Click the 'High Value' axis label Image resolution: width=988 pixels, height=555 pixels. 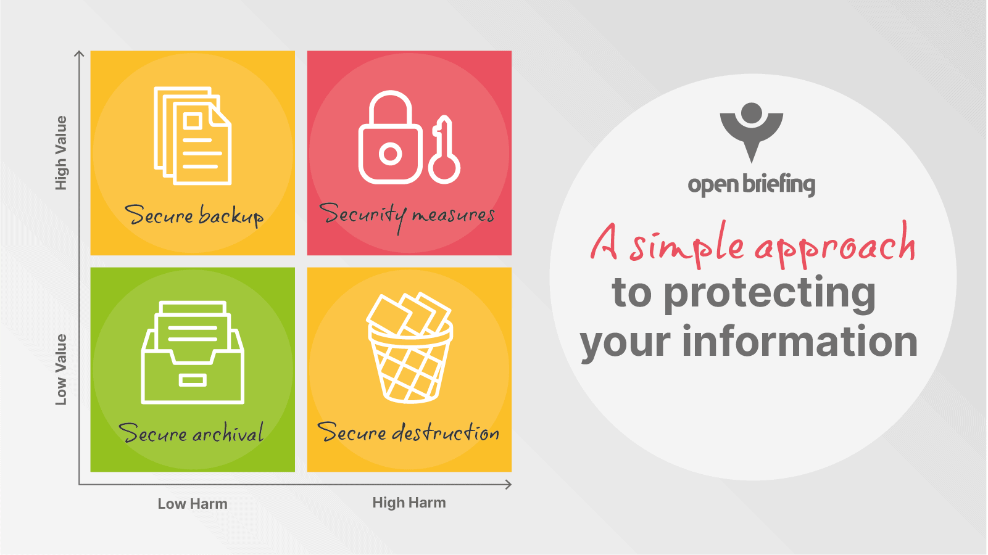(61, 153)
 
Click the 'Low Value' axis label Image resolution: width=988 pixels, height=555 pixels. (61, 369)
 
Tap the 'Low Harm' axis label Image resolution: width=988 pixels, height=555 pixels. (193, 503)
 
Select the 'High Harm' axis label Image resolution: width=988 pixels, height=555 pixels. (409, 503)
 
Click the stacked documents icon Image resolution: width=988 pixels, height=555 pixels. (193, 136)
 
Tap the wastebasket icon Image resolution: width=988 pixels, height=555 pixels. (410, 348)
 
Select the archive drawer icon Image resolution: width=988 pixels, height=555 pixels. (193, 353)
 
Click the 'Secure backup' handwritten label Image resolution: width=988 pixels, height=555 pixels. (194, 216)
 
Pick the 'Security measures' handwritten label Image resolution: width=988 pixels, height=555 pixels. (407, 216)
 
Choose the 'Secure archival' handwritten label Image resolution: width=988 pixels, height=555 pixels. (191, 432)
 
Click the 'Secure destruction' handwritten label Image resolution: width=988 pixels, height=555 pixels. (408, 432)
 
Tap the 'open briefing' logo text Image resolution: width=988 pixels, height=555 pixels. (751, 184)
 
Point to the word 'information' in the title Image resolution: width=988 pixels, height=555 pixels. (800, 342)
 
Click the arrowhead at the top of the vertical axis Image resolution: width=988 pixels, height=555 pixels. (79, 54)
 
